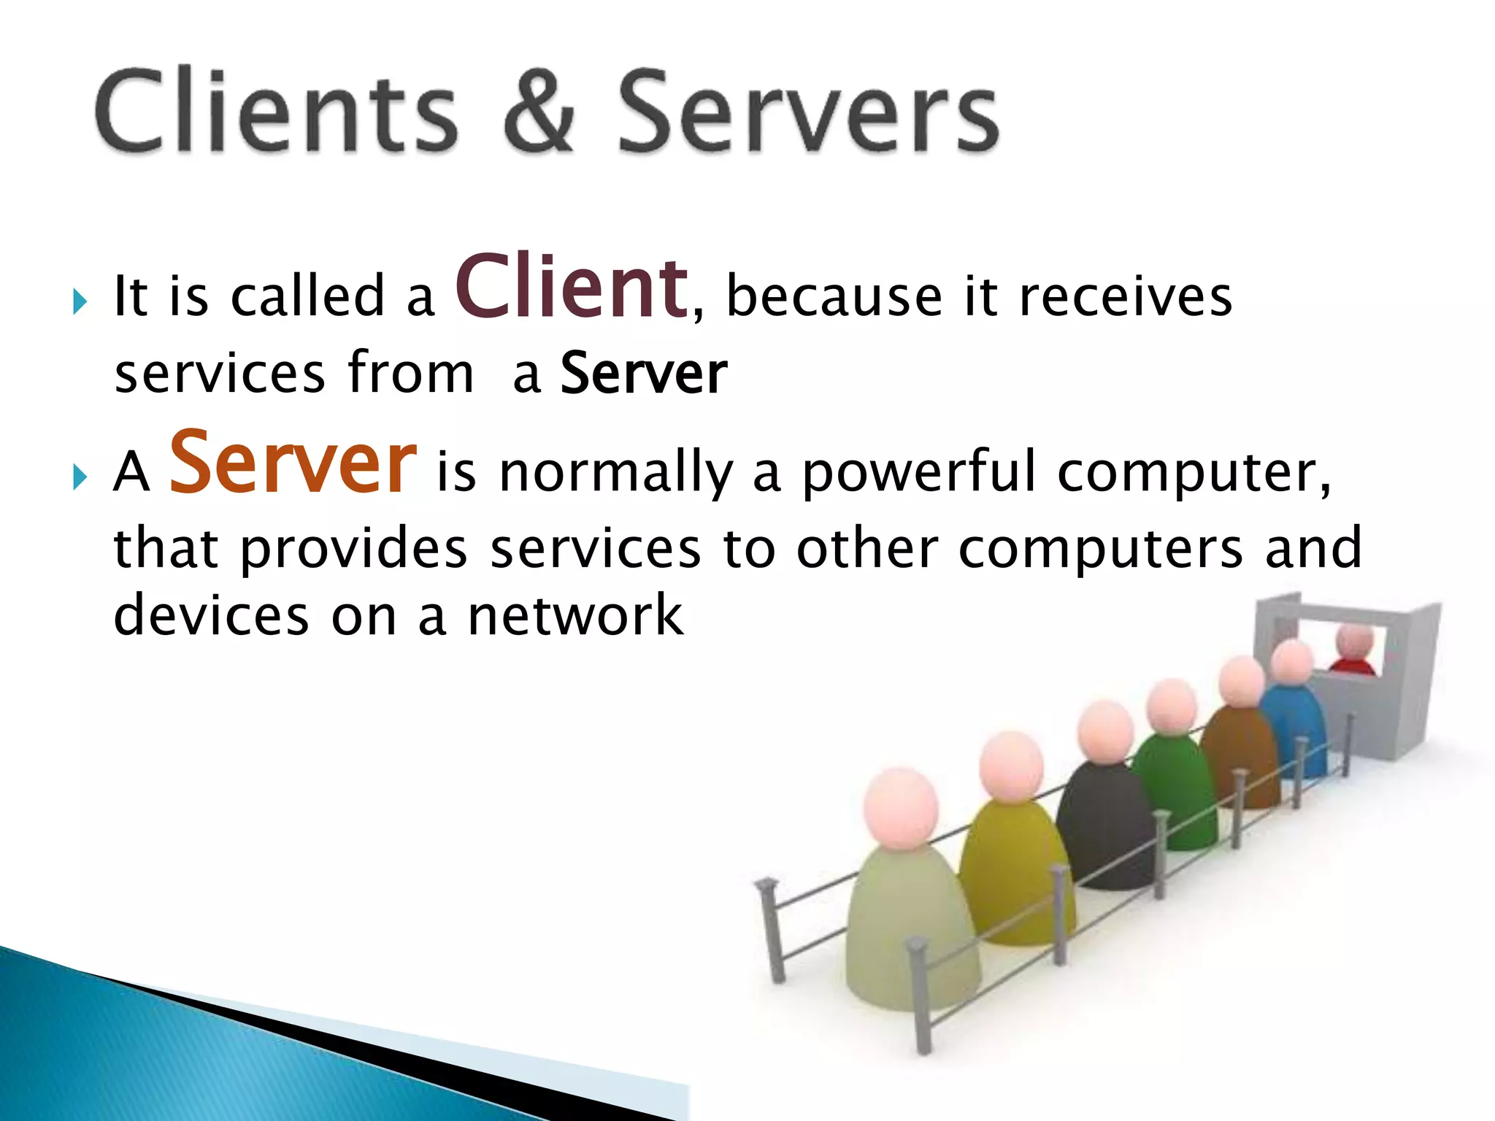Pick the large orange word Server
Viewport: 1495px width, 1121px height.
tap(293, 463)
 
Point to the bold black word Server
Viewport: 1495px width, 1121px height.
tap(644, 374)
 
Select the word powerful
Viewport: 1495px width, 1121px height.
tap(919, 473)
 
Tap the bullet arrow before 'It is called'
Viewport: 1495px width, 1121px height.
tap(80, 301)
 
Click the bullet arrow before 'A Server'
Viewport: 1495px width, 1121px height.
tap(80, 478)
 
